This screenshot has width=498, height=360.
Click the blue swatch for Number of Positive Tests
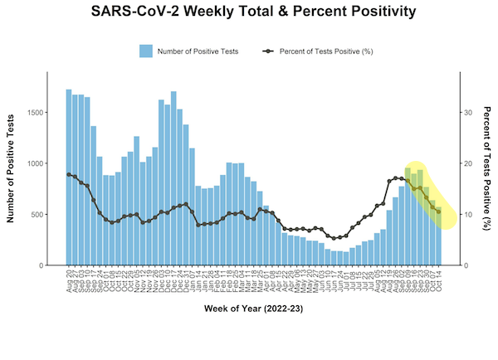coord(146,51)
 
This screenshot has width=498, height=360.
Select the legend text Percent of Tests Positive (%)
coord(326,51)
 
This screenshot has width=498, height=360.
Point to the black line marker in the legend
coord(267,51)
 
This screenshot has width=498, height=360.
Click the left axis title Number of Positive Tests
coord(12,169)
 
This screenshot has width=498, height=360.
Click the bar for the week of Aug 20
coord(69,178)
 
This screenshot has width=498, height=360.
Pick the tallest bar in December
coord(173,178)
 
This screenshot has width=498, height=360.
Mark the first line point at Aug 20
coord(69,174)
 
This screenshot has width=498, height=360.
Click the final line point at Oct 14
coord(438,212)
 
